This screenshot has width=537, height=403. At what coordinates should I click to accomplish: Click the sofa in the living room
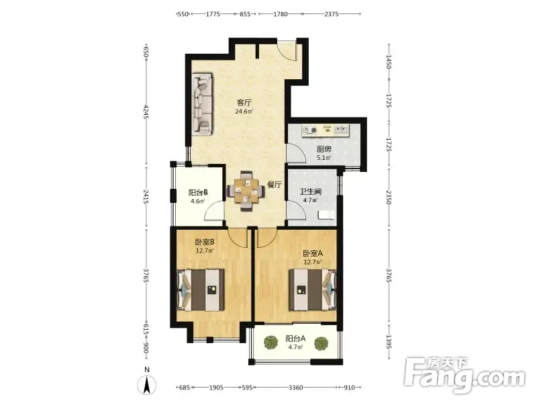click(x=202, y=103)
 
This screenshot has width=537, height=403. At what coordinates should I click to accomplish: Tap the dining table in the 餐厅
click(x=246, y=191)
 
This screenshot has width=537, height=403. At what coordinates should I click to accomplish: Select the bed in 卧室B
click(x=201, y=290)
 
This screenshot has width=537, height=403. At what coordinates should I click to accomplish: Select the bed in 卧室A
click(x=312, y=290)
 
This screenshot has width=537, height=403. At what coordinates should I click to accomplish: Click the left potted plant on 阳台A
click(x=271, y=343)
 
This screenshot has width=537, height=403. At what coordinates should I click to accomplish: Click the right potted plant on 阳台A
click(x=322, y=343)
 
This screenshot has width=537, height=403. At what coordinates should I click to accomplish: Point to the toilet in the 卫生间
click(x=326, y=215)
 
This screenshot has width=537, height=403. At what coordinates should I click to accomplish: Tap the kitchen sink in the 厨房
click(x=341, y=130)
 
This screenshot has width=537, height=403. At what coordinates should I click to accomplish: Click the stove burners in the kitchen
click(x=310, y=130)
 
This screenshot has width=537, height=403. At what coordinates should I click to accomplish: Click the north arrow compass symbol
click(x=147, y=384)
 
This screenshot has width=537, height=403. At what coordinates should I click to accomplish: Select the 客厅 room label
click(x=244, y=103)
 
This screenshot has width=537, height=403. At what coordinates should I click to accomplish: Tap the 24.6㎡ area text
click(x=244, y=111)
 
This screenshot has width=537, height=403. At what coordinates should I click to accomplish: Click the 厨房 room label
click(x=324, y=149)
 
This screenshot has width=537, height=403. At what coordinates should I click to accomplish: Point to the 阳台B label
click(x=198, y=193)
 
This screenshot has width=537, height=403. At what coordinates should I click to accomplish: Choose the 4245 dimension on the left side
click(x=146, y=111)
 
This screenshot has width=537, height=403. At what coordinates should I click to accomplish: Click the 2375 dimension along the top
click(x=331, y=14)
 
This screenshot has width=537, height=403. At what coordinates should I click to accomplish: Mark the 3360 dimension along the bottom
click(x=295, y=388)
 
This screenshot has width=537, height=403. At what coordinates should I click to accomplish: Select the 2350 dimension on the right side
click(x=389, y=197)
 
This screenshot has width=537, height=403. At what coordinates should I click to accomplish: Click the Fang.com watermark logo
click(x=465, y=375)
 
